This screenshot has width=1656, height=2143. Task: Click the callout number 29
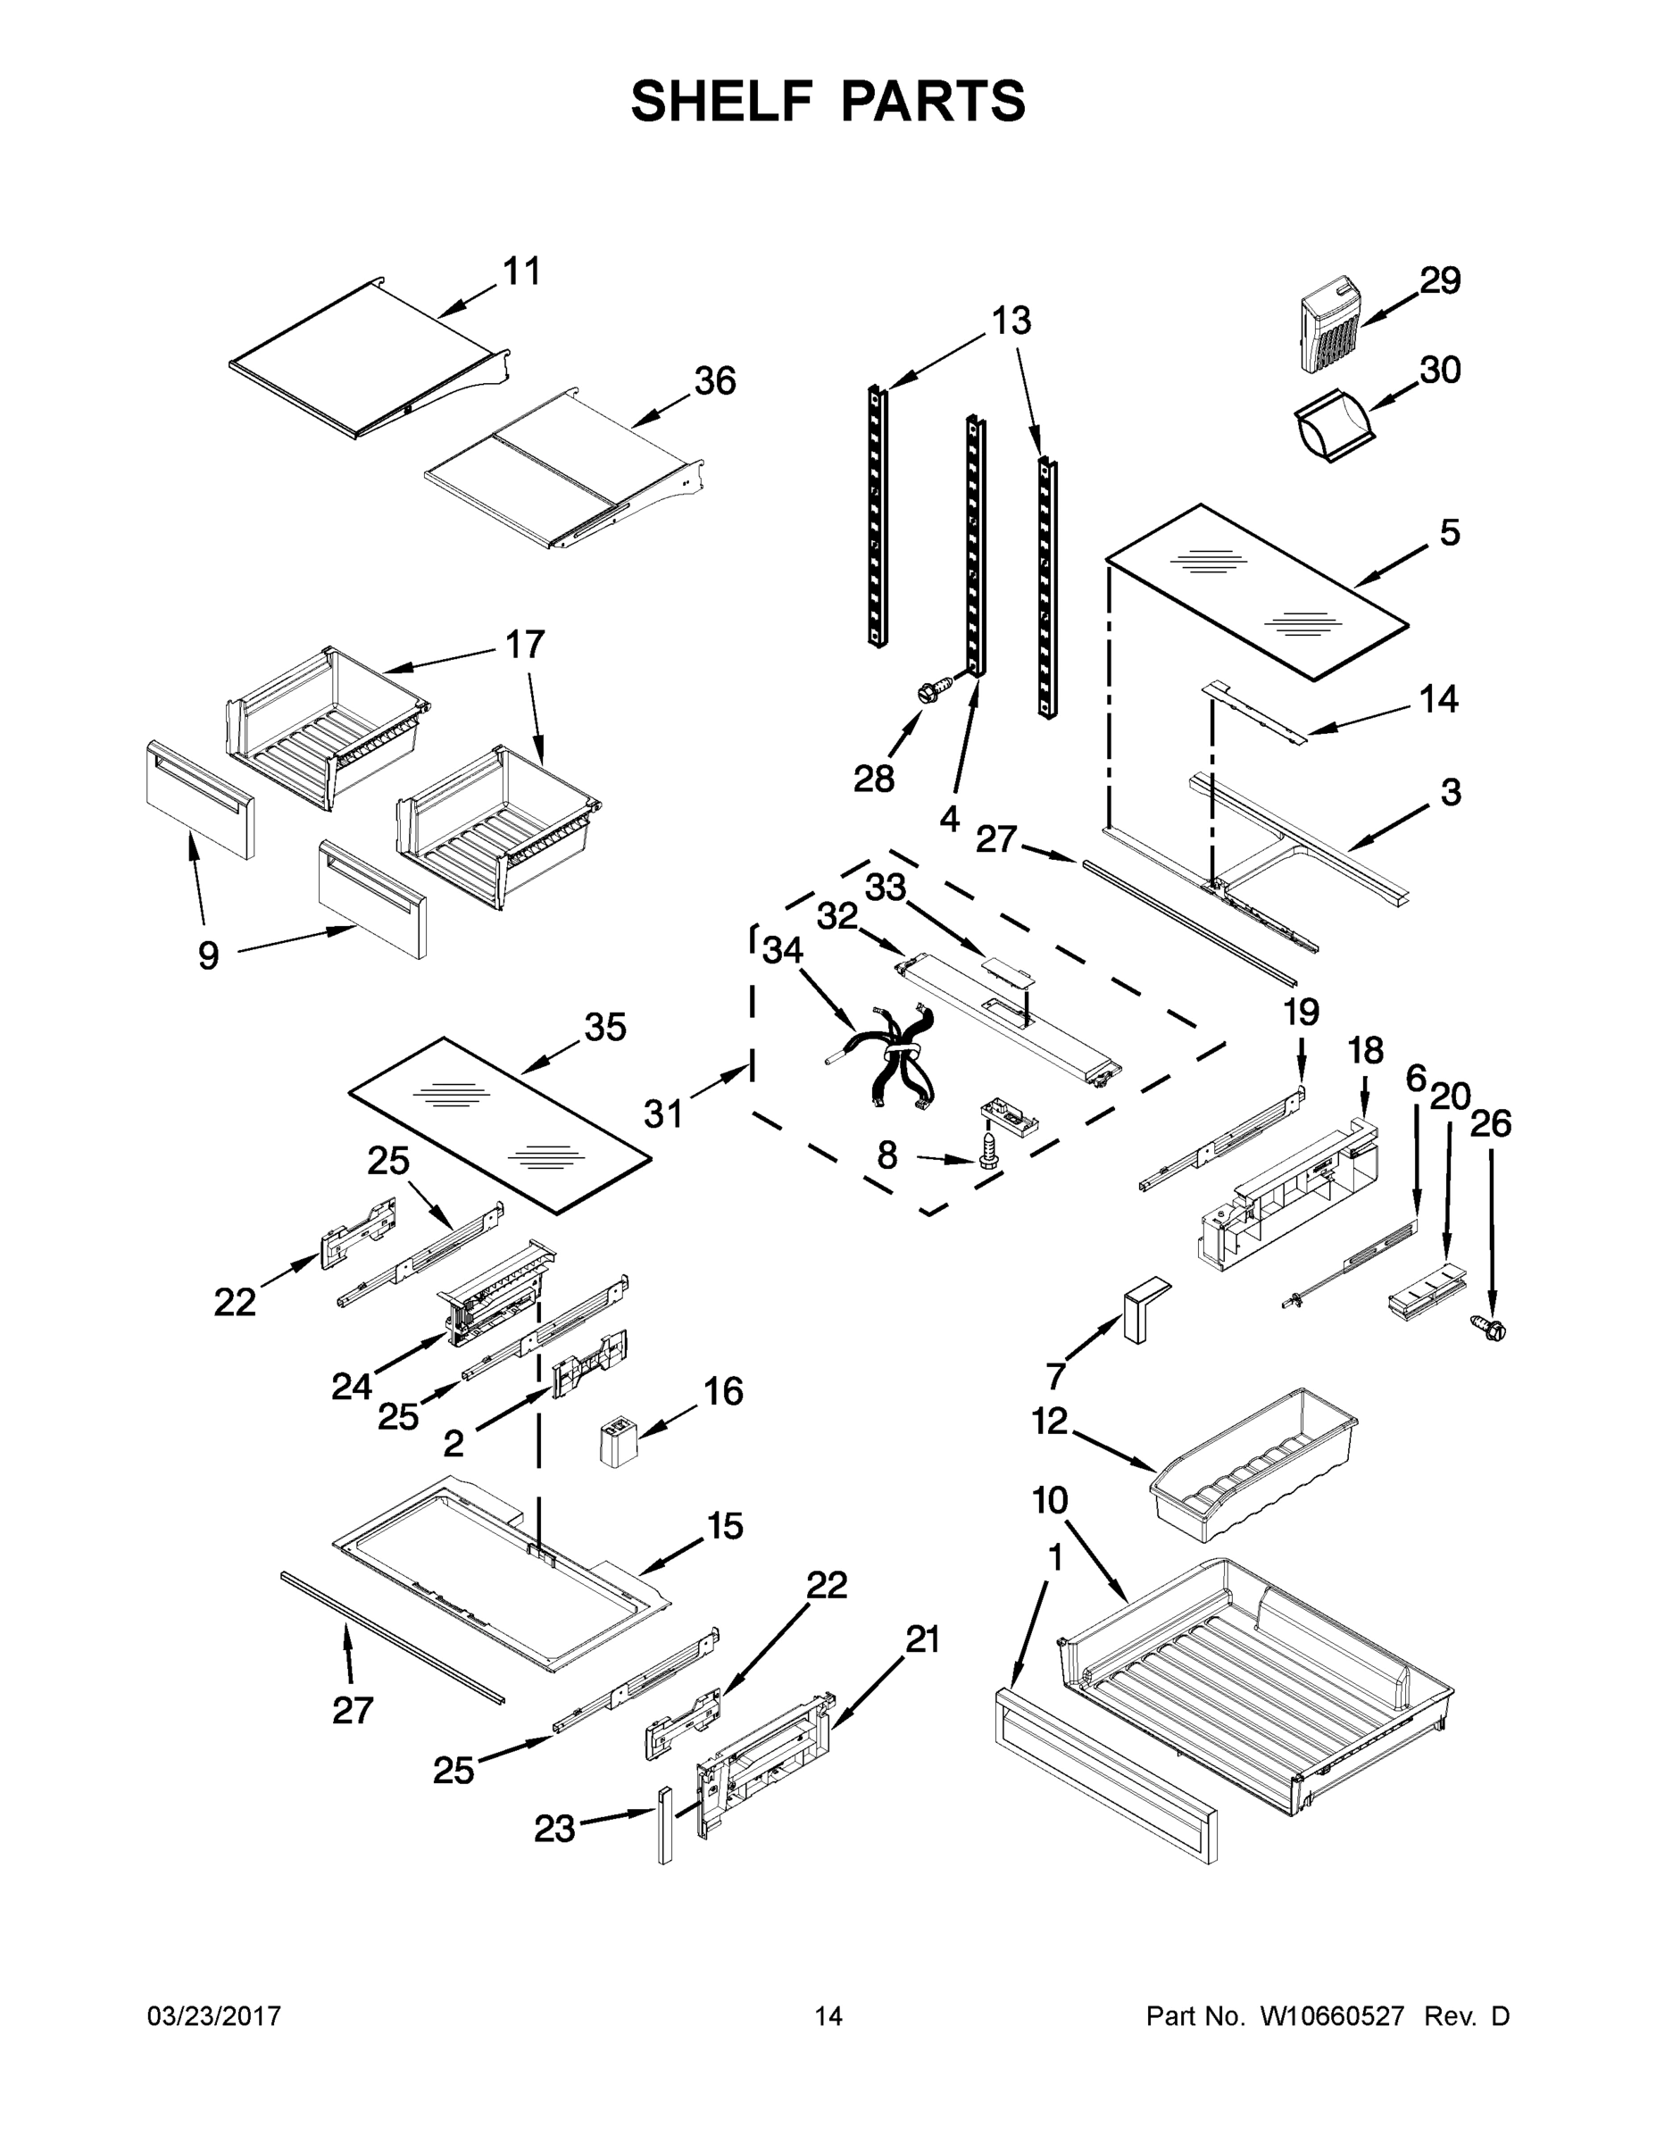click(x=1440, y=281)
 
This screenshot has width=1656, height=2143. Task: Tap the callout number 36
click(x=714, y=380)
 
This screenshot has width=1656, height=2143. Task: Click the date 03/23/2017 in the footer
click(x=214, y=2016)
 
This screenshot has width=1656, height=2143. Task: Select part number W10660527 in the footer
click(x=1331, y=2016)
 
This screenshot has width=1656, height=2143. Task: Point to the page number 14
click(x=828, y=2016)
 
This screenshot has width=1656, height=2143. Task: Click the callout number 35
click(x=604, y=1028)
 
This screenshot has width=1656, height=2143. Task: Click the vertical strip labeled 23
click(x=665, y=1823)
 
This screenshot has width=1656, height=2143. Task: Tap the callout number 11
click(x=522, y=271)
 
